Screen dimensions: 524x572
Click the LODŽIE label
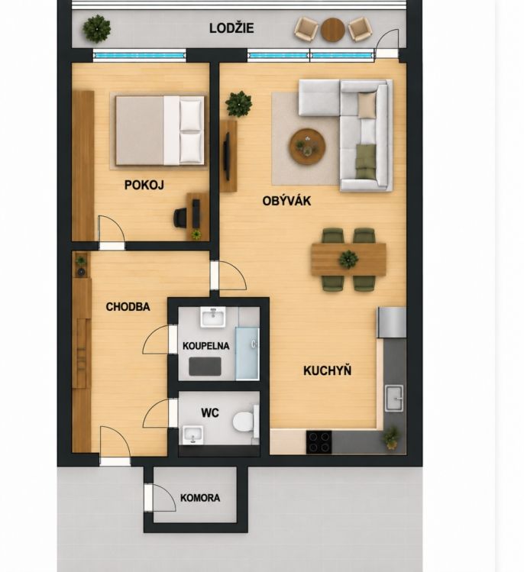tap(231, 28)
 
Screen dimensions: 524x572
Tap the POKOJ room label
tap(144, 185)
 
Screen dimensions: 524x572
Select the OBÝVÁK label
tap(286, 201)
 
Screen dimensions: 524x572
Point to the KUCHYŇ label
tap(328, 370)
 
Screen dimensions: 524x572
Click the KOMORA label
tap(200, 498)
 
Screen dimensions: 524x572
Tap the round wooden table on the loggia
tap(333, 30)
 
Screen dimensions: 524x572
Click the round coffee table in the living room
tap(308, 146)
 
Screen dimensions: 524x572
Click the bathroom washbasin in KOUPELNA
tap(213, 317)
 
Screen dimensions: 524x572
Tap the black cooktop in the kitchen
tap(319, 441)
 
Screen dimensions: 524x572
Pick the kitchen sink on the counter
tap(394, 399)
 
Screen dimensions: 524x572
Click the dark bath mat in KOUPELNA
tap(205, 367)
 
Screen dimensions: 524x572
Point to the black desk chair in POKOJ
tap(180, 218)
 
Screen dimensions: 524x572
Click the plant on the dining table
tap(348, 260)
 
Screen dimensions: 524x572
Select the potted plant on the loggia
tap(97, 29)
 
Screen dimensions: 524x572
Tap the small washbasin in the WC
tap(192, 435)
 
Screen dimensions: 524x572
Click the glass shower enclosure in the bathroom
tap(247, 354)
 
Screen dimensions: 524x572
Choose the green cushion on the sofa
tap(366, 162)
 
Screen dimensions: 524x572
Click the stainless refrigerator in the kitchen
tap(392, 322)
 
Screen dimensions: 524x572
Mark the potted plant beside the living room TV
tap(238, 104)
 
